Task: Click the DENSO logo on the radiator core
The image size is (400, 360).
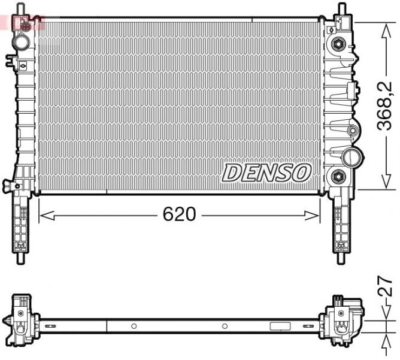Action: pyautogui.click(x=267, y=173)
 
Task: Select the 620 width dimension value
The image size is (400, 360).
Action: pyautogui.click(x=180, y=214)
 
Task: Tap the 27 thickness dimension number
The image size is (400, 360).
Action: pyautogui.click(x=387, y=286)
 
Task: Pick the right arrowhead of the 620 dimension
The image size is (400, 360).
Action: pyautogui.click(x=316, y=214)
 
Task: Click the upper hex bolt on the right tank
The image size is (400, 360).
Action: pyautogui.click(x=338, y=44)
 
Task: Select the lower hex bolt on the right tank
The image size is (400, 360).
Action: pyautogui.click(x=338, y=177)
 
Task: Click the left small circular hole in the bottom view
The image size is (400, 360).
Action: pyautogui.click(x=134, y=326)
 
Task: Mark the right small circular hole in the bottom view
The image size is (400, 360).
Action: pyautogui.click(x=225, y=326)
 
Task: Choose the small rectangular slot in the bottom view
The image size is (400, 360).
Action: pyautogui.click(x=280, y=327)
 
